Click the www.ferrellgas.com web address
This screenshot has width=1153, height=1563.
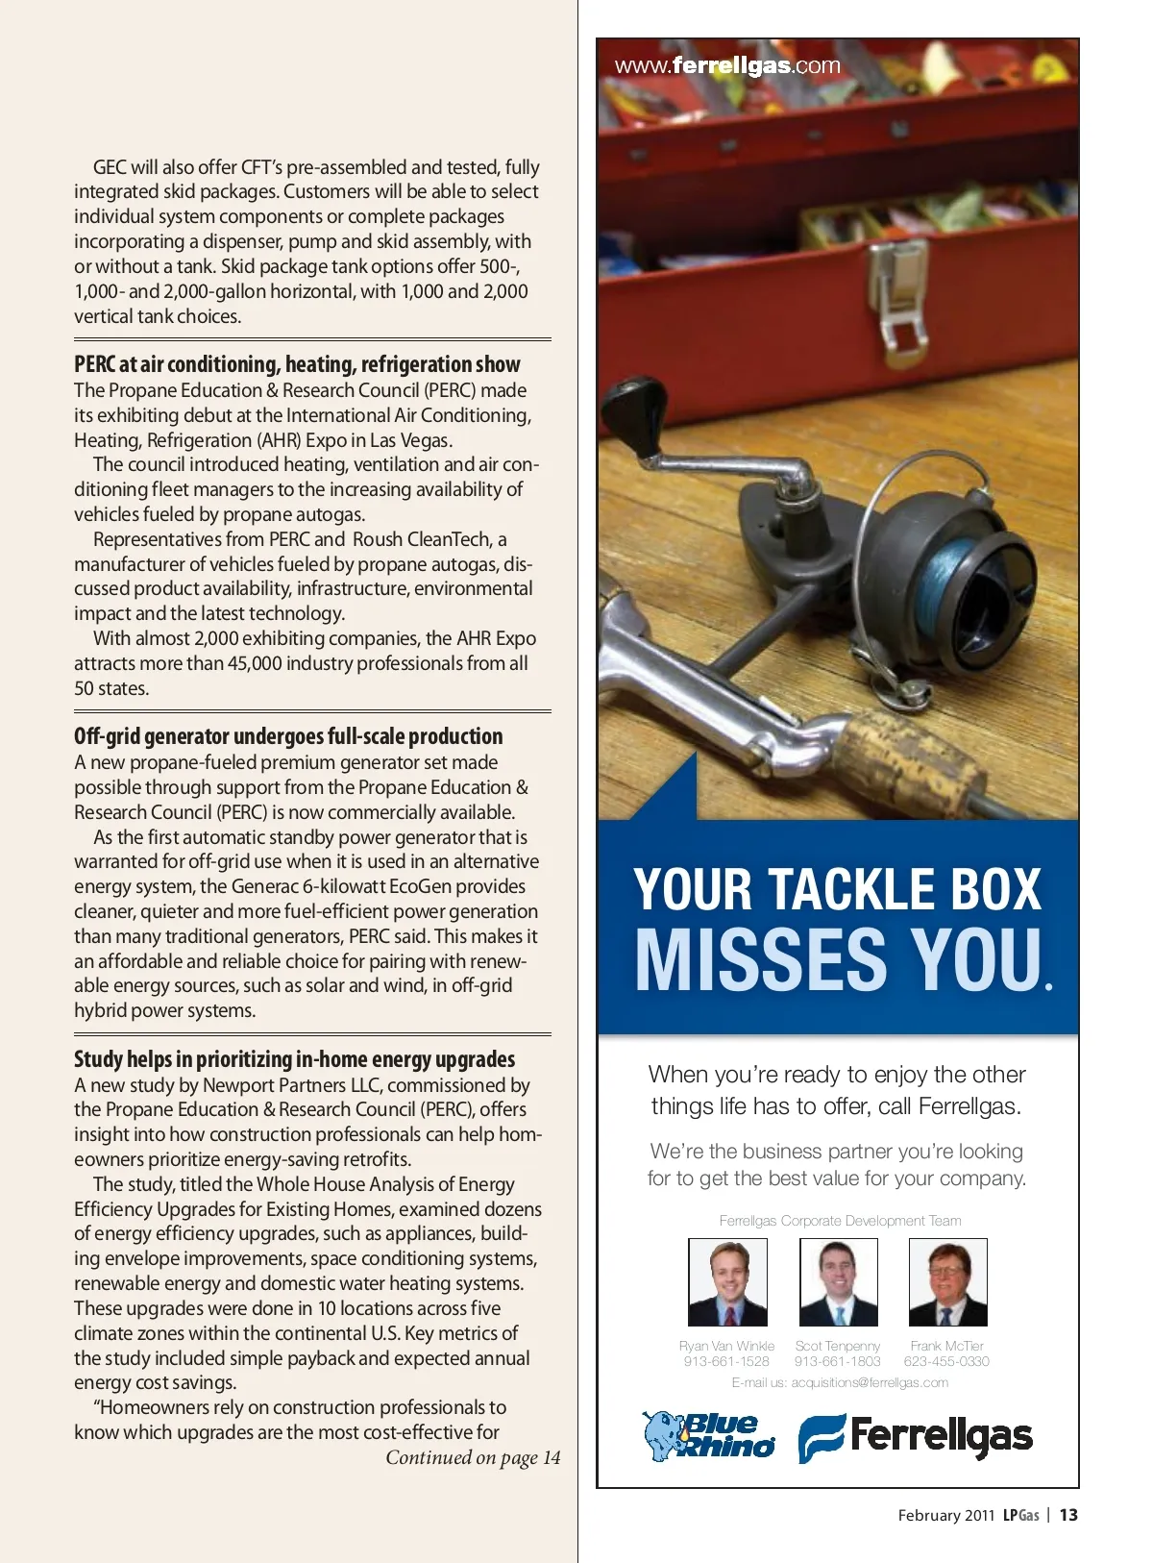(727, 66)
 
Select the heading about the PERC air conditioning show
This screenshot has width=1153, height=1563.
(297, 364)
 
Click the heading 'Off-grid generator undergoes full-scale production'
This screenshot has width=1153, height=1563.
(288, 736)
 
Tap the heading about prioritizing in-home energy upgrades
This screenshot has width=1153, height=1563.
(294, 1059)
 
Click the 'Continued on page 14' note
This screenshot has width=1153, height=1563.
(473, 1457)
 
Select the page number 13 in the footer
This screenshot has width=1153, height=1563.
(1068, 1515)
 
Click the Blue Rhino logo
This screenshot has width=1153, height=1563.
(709, 1436)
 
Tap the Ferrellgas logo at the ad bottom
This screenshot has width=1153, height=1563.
(915, 1437)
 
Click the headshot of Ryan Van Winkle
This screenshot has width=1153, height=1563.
(727, 1282)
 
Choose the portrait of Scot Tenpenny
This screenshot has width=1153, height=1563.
(838, 1282)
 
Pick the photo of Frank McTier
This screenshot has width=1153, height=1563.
(947, 1282)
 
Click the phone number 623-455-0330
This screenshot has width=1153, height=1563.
(946, 1361)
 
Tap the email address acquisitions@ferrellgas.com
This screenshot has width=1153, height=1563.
(870, 1382)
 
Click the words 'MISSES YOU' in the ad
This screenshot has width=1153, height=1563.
(838, 959)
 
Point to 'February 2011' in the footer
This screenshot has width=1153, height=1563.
(945, 1515)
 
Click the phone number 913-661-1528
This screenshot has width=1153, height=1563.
(726, 1361)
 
